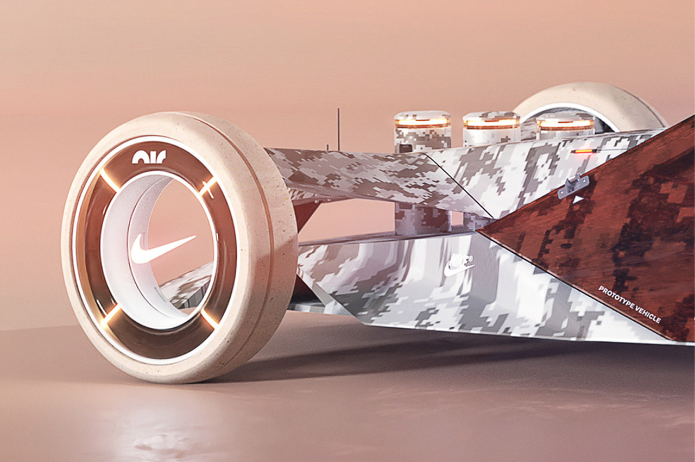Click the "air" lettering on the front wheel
(149, 157)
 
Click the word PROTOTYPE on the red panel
(616, 298)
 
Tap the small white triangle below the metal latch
(577, 199)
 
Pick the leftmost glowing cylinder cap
(422, 121)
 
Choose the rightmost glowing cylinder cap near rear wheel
(565, 123)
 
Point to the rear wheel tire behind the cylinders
(592, 101)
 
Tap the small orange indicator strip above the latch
(584, 151)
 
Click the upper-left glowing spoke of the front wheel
(109, 180)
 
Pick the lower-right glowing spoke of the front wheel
(209, 319)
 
